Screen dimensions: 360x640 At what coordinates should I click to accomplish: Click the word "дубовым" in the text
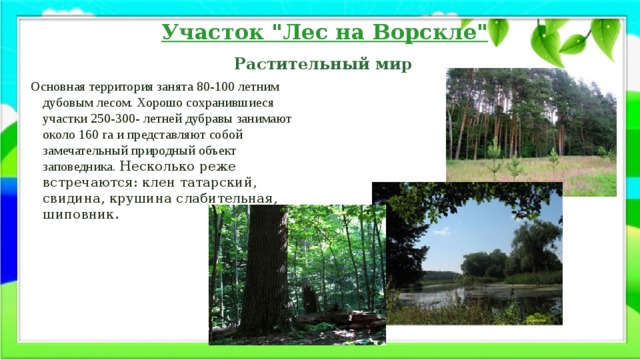tap(70, 103)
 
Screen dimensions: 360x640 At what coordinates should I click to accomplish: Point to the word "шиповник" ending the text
tap(76, 215)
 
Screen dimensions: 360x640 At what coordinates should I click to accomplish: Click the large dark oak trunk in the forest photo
tap(267, 270)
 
